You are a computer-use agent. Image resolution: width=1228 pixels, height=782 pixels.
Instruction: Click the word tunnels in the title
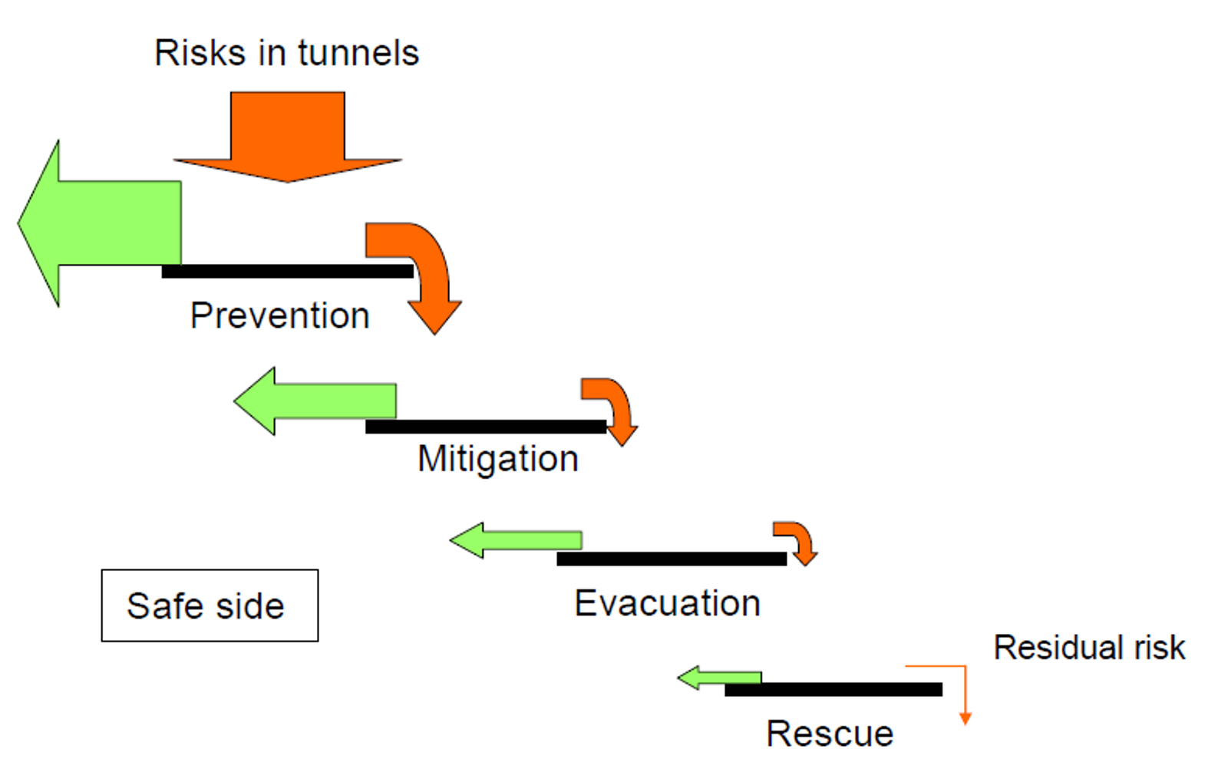point(358,53)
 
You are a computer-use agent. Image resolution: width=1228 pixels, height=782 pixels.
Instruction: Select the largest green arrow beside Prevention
point(100,223)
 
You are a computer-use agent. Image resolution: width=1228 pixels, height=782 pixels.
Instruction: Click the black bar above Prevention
point(287,271)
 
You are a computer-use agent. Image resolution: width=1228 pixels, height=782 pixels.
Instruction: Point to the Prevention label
point(279,315)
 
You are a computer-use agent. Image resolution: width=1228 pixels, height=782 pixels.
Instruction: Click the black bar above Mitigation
point(485,427)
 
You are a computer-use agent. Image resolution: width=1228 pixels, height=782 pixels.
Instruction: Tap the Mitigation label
point(497,459)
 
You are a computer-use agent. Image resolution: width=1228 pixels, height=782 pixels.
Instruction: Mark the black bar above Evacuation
point(672,559)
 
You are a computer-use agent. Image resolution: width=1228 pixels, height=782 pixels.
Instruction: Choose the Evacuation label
point(667,603)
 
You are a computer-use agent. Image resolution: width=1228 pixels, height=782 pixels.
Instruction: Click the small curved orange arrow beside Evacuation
point(798,540)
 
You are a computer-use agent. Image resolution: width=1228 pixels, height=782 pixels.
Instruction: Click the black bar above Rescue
point(833,690)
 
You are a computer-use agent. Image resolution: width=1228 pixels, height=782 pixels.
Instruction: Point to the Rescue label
point(830,734)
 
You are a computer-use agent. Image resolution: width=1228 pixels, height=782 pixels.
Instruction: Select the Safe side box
point(210,605)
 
